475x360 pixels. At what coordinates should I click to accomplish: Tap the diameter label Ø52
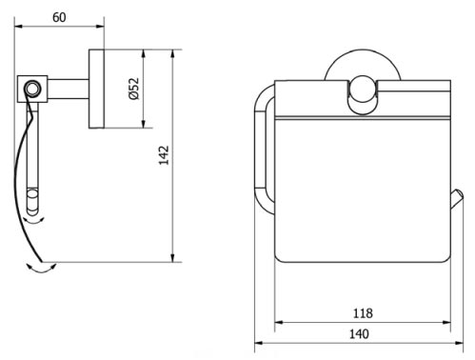tap(134, 90)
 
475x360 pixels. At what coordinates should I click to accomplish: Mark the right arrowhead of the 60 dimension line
tap(100, 29)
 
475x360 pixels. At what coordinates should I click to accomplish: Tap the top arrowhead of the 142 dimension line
tap(171, 51)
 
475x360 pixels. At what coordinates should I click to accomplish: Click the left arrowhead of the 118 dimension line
tap(277, 323)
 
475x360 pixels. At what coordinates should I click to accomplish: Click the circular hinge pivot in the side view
tap(32, 90)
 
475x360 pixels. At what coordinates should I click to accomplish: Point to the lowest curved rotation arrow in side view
tap(40, 270)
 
